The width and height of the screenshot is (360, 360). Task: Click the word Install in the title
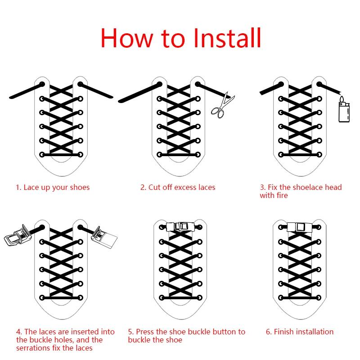click(227, 38)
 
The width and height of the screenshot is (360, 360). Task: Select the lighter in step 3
click(344, 112)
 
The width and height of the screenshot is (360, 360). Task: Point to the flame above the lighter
click(342, 99)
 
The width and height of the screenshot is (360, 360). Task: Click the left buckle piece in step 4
click(18, 235)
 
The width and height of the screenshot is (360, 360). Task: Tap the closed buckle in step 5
click(180, 227)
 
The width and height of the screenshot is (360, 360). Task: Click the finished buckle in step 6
click(299, 227)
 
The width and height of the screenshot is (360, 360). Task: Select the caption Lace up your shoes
click(53, 187)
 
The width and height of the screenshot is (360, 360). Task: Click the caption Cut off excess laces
click(178, 187)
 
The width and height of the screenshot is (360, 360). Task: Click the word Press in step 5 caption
click(145, 332)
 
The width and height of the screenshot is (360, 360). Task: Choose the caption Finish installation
click(300, 332)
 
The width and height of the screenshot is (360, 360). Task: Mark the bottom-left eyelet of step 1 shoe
click(42, 155)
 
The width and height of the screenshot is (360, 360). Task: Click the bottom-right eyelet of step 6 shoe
click(319, 298)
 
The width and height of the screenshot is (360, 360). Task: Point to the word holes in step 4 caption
click(63, 340)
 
